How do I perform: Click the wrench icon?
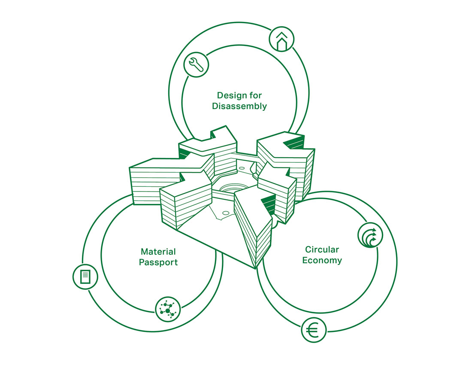196,65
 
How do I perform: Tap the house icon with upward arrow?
281,40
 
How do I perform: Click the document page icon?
85,276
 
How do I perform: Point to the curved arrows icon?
369,235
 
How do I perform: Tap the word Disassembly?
239,106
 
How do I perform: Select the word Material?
158,252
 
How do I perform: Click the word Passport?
158,262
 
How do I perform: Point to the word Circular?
322,249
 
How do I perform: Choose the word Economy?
322,260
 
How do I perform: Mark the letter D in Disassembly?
215,106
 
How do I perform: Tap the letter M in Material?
144,252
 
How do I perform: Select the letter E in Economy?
305,260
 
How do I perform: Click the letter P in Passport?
142,262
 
